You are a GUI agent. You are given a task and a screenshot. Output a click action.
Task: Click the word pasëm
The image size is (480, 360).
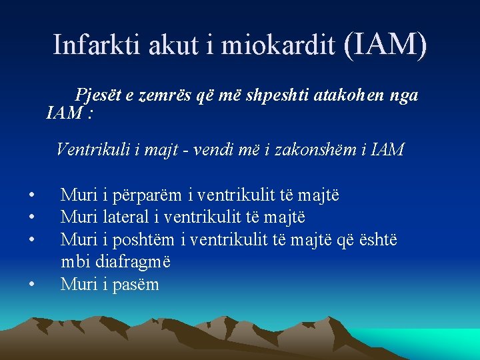[135, 284]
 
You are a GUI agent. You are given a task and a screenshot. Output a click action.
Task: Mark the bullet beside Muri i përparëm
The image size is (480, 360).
[32, 196]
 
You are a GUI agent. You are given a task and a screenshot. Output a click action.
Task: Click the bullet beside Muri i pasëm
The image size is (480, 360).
[32, 285]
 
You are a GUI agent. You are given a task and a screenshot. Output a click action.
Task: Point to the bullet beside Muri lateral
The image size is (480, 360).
[32, 218]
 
